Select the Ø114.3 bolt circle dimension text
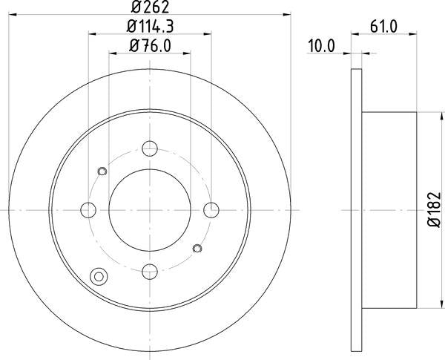pos(150,27)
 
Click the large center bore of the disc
pos(150,209)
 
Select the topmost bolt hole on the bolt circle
pos(150,147)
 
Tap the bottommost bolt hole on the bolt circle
pos(150,271)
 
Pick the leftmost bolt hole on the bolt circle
pos(88,209)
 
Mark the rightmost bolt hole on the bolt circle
pos(212,209)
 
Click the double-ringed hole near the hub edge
pos(98,277)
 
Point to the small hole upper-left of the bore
pos(102,172)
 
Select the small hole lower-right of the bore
pos(197,247)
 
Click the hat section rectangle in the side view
pos(389,209)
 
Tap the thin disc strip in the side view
pos(357,209)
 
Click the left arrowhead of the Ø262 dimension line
pos(13,16)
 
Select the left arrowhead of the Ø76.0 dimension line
pos(111,53)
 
